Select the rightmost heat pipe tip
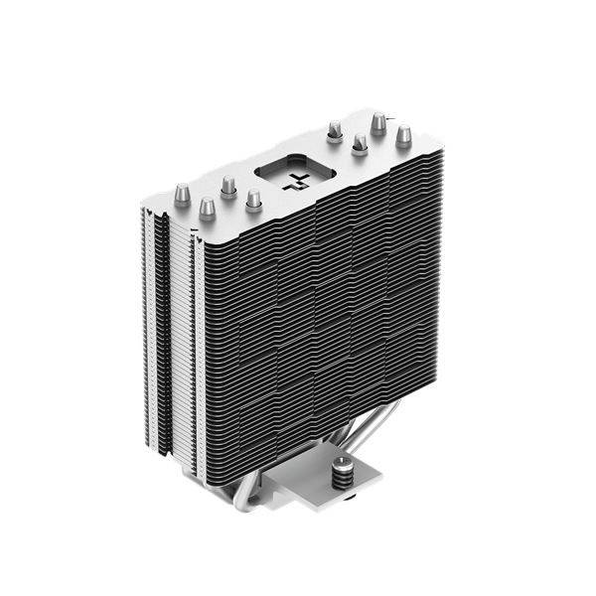[x=405, y=136]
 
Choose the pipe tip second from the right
[x=377, y=122]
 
